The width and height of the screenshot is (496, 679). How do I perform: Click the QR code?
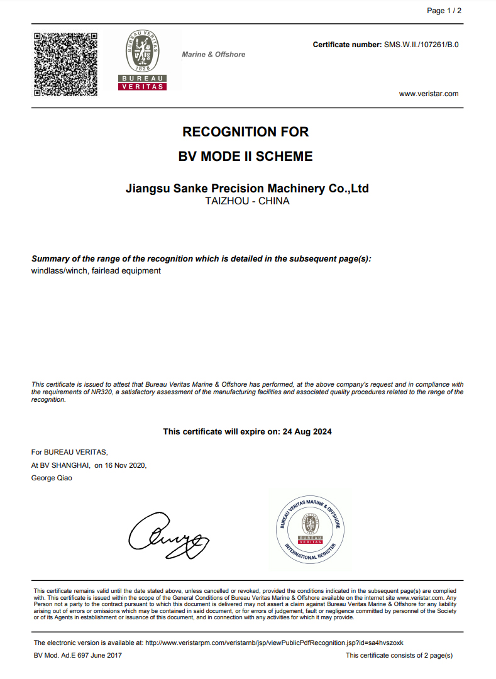tap(65, 63)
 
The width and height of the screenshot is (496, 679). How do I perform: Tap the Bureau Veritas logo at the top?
tap(142, 60)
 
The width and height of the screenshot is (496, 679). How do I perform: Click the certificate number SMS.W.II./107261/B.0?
tap(421, 45)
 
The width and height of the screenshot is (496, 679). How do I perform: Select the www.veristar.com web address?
tap(429, 94)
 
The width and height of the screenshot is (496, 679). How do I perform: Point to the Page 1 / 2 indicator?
tap(444, 11)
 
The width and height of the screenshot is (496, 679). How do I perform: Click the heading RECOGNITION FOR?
tap(245, 132)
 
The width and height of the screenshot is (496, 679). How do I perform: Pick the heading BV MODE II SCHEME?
tap(245, 157)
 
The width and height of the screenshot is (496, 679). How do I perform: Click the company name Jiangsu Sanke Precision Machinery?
tap(247, 188)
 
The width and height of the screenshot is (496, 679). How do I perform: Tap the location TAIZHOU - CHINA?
tap(247, 202)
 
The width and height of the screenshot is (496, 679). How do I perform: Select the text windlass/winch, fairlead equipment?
tap(96, 271)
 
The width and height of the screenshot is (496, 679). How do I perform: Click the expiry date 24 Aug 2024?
tap(307, 431)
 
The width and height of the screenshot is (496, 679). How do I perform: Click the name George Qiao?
tap(52, 478)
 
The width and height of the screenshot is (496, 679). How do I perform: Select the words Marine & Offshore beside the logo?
tap(214, 55)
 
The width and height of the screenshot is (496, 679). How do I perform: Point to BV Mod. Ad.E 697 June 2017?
tap(78, 655)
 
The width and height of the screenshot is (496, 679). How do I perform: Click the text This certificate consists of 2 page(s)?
tap(399, 655)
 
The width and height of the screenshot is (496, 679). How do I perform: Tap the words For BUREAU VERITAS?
tap(69, 452)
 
